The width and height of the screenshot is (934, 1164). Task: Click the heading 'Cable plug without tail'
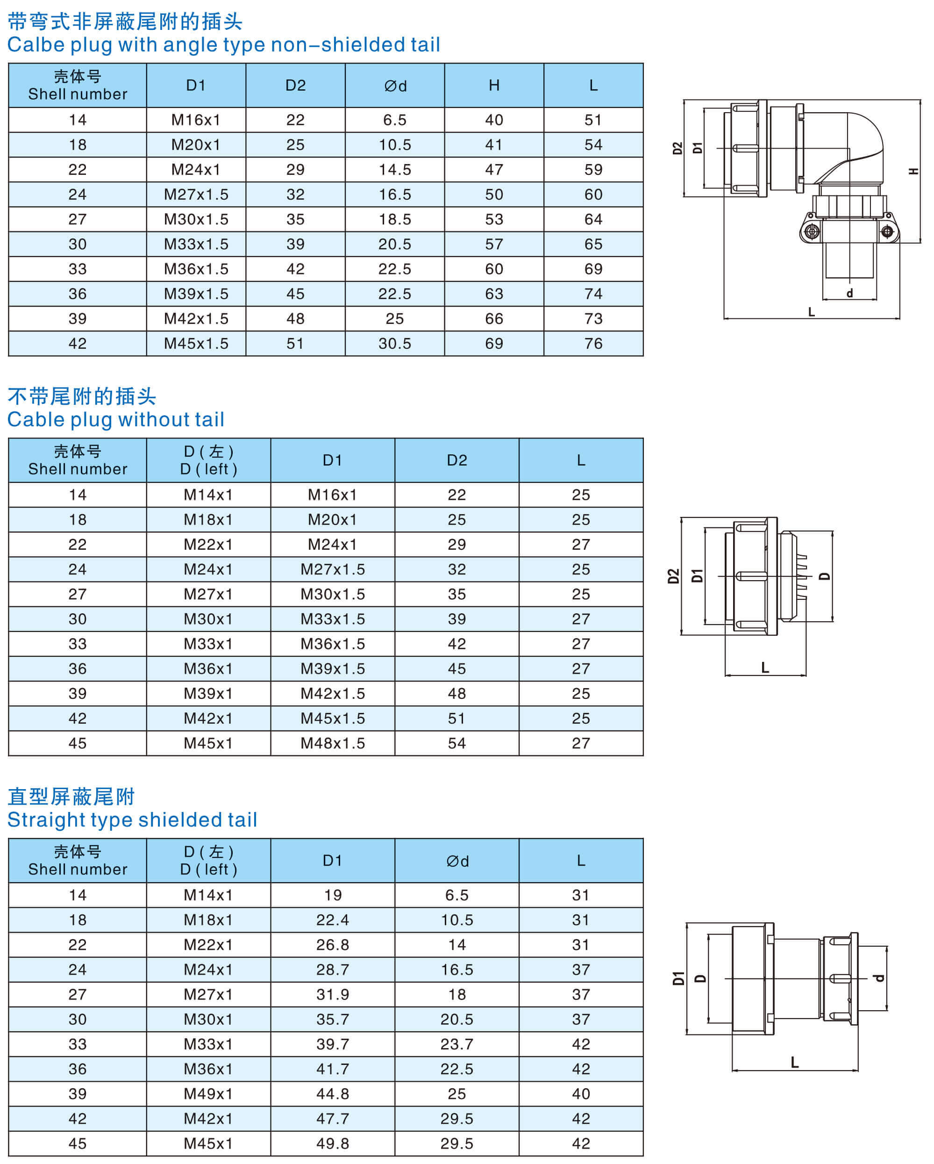pyautogui.click(x=116, y=419)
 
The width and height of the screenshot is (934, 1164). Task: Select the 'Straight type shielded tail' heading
pyautogui.click(x=132, y=819)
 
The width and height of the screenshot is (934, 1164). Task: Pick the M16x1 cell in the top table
pyautogui.click(x=196, y=120)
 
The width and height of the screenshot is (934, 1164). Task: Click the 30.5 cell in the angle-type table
pyautogui.click(x=394, y=344)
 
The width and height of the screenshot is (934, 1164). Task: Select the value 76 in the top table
pyautogui.click(x=593, y=344)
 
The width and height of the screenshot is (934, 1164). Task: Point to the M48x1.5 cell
pyautogui.click(x=332, y=743)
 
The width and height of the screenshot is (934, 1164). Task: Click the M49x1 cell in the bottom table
pyautogui.click(x=208, y=1093)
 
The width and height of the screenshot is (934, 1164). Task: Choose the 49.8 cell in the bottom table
pyautogui.click(x=332, y=1143)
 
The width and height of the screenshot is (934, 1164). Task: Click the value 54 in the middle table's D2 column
pyautogui.click(x=456, y=743)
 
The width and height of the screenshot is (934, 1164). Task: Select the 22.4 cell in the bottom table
pyautogui.click(x=332, y=920)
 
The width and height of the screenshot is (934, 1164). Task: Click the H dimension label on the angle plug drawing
pyautogui.click(x=913, y=171)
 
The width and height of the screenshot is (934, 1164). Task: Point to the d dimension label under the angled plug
pyautogui.click(x=849, y=293)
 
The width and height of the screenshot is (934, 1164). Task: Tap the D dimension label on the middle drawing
pyautogui.click(x=824, y=576)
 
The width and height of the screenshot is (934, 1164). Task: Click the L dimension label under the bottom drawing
pyautogui.click(x=794, y=1063)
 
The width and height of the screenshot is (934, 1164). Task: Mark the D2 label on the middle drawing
pyautogui.click(x=673, y=576)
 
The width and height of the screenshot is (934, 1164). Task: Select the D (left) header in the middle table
pyautogui.click(x=208, y=460)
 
